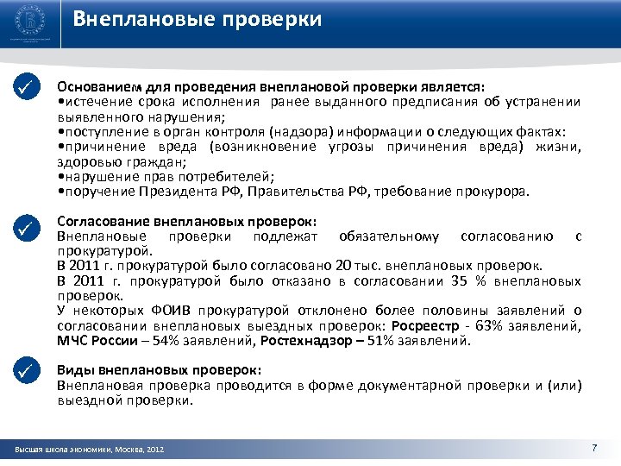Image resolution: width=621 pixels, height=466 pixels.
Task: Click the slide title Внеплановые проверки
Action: click(198, 20)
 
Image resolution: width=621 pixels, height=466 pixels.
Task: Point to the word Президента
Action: click(156, 191)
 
